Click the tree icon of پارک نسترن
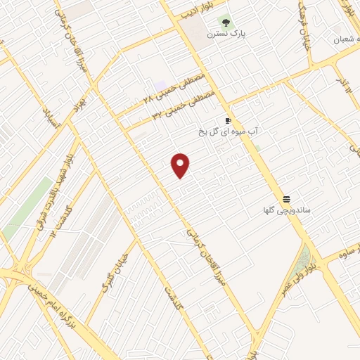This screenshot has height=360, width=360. pos(224,22)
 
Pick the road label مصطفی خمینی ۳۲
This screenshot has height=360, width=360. pos(181,105)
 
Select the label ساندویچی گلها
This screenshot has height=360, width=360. pos(287,210)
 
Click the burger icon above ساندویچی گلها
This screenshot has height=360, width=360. pos(287,199)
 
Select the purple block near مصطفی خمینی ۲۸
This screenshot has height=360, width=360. pos(160,85)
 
